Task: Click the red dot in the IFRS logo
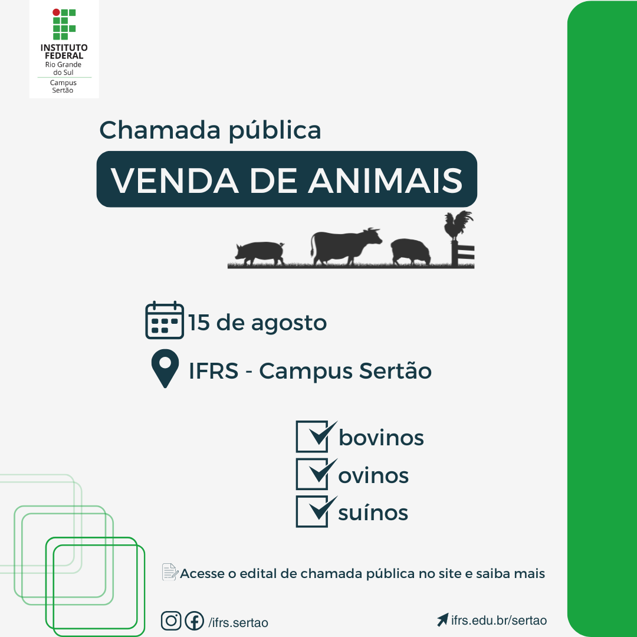click(x=56, y=12)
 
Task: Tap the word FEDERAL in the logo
click(x=64, y=55)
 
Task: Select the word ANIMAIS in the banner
click(x=385, y=180)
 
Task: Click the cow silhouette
click(x=345, y=246)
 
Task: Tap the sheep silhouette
click(x=411, y=252)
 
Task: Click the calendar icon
click(x=165, y=320)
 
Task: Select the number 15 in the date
click(x=199, y=323)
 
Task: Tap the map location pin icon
click(x=165, y=368)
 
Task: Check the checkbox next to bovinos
click(x=312, y=436)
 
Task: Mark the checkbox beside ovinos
click(x=312, y=474)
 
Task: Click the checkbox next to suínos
click(x=312, y=511)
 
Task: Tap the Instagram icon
click(x=171, y=620)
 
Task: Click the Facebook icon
click(x=194, y=620)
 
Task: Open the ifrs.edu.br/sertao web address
click(x=499, y=620)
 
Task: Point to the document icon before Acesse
click(x=170, y=572)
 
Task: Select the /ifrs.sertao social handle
click(x=238, y=623)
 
